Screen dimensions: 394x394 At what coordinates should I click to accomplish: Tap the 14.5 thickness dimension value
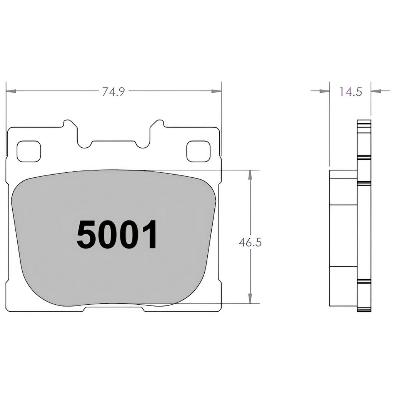[351, 92]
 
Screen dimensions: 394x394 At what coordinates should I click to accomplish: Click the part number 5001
[117, 235]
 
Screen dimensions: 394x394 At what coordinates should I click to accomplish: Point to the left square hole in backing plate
[28, 151]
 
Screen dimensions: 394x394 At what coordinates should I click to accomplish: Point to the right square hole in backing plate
[198, 151]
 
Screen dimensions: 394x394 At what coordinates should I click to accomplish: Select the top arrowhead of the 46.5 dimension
[250, 174]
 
